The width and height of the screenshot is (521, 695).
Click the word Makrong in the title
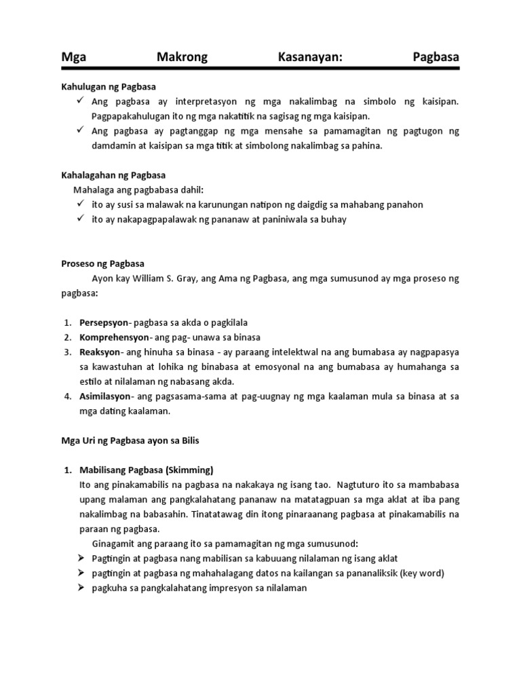coord(182,58)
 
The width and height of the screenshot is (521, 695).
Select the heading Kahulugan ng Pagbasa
coord(109,87)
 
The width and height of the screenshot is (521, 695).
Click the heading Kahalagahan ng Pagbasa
coord(114,175)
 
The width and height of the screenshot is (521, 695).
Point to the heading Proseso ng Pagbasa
coord(103,263)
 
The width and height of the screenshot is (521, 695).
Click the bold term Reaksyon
coord(100,352)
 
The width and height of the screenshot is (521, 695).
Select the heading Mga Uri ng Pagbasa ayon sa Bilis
coord(130,440)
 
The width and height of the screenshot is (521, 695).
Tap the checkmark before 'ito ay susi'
coord(80,204)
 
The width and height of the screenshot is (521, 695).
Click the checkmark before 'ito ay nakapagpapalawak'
coord(80,219)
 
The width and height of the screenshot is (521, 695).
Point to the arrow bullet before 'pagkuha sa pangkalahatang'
coord(80,588)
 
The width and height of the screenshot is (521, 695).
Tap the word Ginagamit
coord(113,544)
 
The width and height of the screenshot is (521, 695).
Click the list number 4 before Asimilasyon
coord(67,396)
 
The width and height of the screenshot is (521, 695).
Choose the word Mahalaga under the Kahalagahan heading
coord(101,189)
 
